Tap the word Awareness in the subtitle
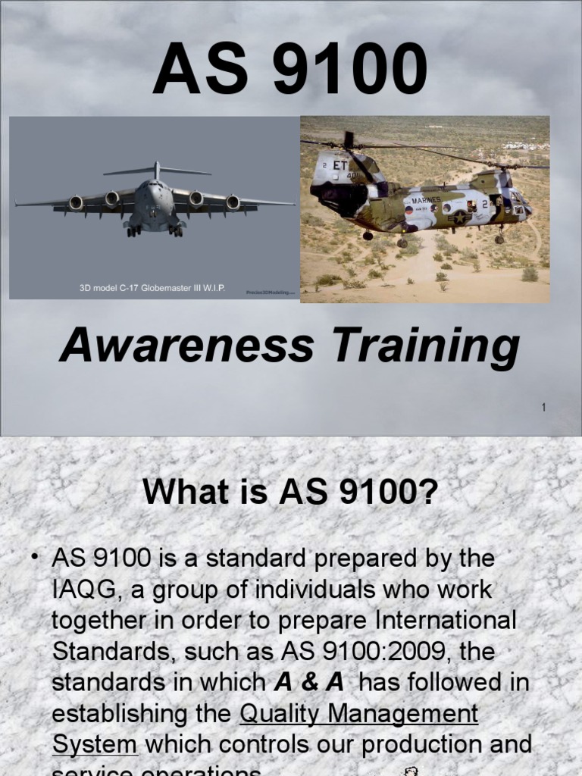tap(186, 346)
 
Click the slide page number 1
tap(543, 408)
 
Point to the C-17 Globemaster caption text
tap(152, 289)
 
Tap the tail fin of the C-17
tap(156, 170)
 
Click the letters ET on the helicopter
tap(339, 165)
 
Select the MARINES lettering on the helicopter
tap(426, 201)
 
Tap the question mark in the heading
tap(430, 493)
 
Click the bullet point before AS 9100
tap(35, 559)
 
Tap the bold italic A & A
tap(309, 683)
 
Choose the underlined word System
tap(95, 745)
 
